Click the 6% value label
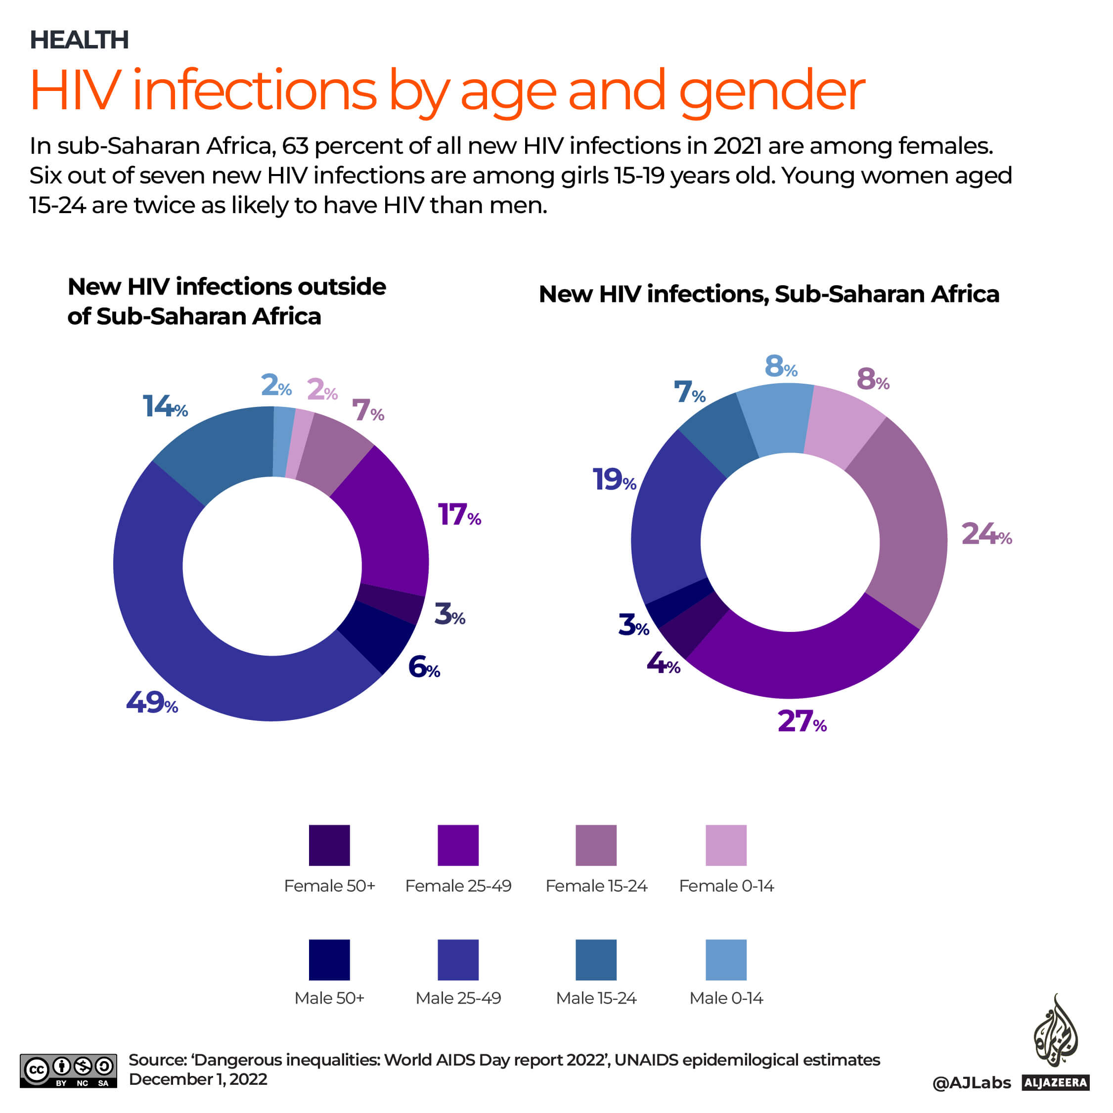point(423,668)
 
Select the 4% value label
point(663,663)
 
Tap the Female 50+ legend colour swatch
point(329,845)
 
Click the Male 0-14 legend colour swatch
point(726,960)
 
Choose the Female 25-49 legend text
point(458,886)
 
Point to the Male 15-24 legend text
point(596,998)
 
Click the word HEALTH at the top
point(79,40)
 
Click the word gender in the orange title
point(772,92)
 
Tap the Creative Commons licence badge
point(68,1070)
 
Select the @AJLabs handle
point(971,1083)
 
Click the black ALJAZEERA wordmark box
point(1055,1082)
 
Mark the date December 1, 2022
point(198,1079)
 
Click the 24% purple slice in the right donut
point(904,530)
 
